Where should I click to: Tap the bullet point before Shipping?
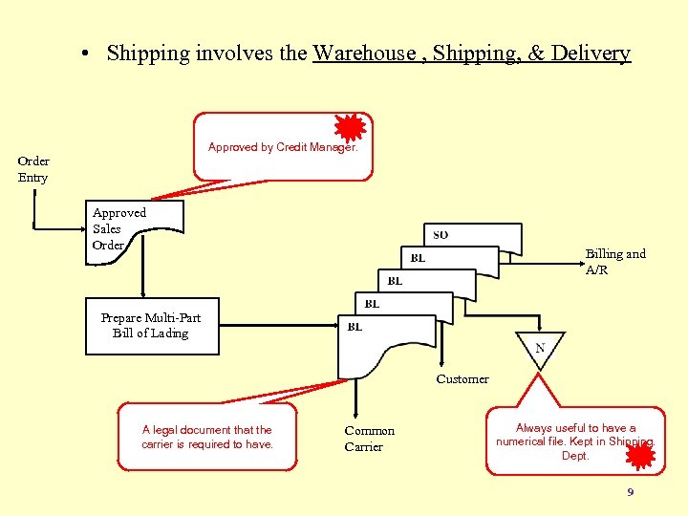click(x=87, y=54)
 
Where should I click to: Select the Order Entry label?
click(x=33, y=169)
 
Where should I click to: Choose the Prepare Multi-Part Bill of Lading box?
click(x=151, y=326)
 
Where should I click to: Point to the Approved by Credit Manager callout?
click(x=283, y=147)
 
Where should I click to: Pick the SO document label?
click(x=441, y=235)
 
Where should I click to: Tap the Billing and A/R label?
click(x=615, y=261)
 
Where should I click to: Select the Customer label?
click(x=462, y=379)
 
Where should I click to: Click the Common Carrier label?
click(x=369, y=439)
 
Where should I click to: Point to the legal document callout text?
click(x=207, y=437)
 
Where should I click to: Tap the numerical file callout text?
click(x=575, y=441)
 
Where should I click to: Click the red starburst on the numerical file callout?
click(x=639, y=457)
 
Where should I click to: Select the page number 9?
click(x=630, y=493)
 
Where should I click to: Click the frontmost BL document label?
click(x=355, y=327)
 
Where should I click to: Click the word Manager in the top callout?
click(x=331, y=147)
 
